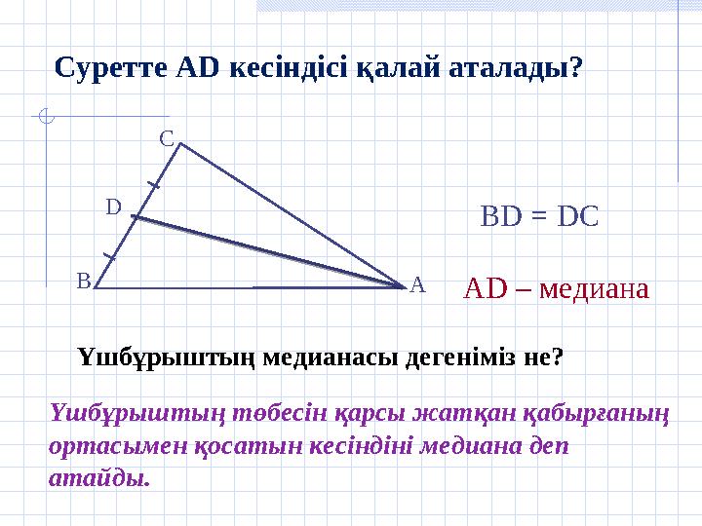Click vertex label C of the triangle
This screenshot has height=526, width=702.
[x=167, y=139]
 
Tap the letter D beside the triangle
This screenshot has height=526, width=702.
[x=113, y=207]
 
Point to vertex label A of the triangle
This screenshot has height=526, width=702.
[x=417, y=284]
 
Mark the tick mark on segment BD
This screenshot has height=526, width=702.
[x=110, y=257]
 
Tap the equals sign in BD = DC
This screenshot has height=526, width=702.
[x=539, y=216]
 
